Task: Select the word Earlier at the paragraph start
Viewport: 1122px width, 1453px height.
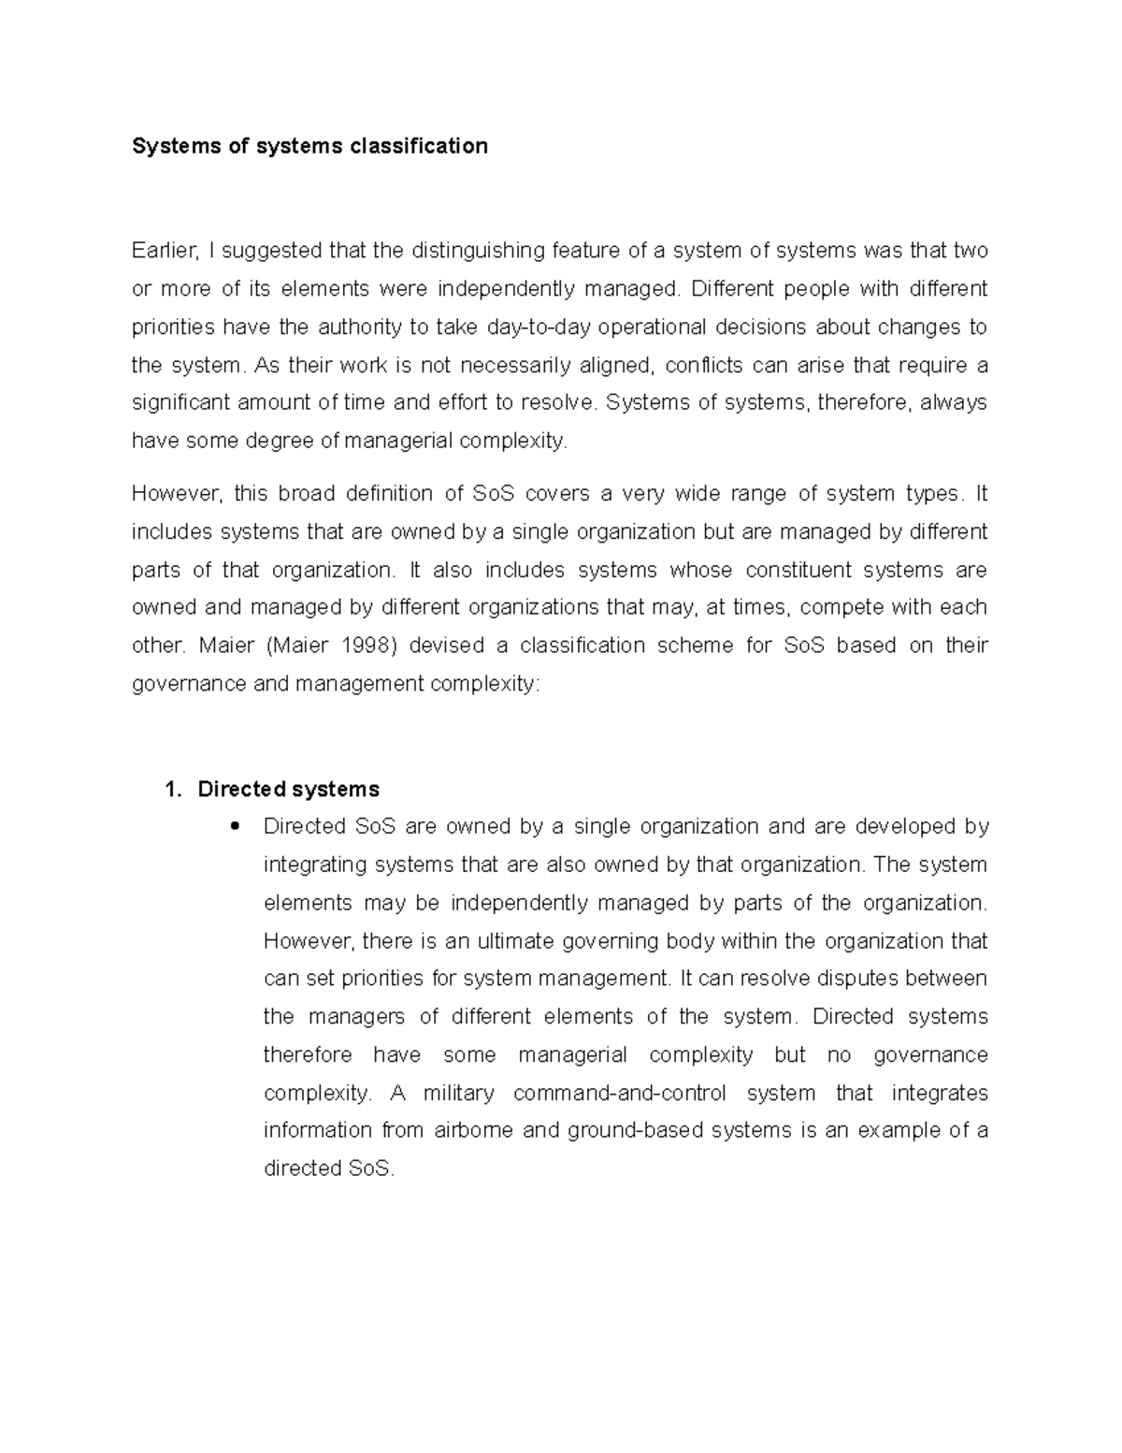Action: tap(165, 251)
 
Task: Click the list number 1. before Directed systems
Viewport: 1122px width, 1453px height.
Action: tap(172, 790)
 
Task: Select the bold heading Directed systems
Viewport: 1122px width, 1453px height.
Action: tap(288, 790)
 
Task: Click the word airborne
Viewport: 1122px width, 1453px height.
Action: tap(473, 1130)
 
